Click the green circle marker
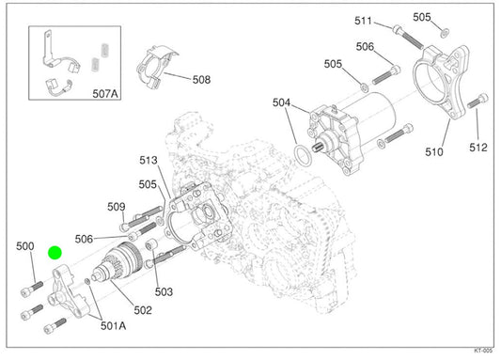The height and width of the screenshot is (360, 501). click(x=55, y=253)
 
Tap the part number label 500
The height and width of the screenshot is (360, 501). click(x=25, y=246)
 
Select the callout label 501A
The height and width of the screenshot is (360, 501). click(x=113, y=326)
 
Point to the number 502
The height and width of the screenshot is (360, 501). click(x=143, y=310)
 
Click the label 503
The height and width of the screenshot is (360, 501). click(x=164, y=291)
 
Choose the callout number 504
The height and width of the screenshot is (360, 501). click(x=281, y=102)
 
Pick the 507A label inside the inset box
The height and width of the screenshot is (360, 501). click(x=105, y=94)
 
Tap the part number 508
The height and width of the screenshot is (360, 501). click(x=201, y=80)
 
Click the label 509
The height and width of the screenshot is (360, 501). click(x=117, y=207)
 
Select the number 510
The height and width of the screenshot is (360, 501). click(x=434, y=152)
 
